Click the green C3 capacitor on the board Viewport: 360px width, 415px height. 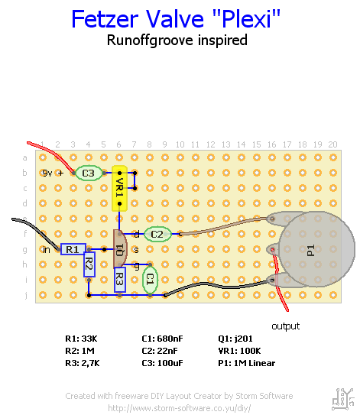tap(89, 173)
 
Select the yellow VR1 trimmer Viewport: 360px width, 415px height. tap(119, 188)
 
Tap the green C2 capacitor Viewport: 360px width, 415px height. tap(157, 234)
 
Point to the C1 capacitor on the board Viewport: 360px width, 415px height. tap(150, 279)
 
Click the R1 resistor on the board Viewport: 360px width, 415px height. tap(73, 249)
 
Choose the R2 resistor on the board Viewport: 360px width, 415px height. tap(89, 264)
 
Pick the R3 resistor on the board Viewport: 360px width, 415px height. tap(120, 280)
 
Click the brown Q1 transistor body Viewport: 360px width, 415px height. tap(120, 249)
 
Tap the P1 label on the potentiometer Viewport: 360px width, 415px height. tap(310, 251)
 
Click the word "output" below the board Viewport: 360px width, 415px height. tap(286, 326)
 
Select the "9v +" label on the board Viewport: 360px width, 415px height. tap(53, 173)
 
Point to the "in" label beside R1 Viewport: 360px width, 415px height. tap(47, 249)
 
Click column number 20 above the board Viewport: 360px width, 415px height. tap(332, 144)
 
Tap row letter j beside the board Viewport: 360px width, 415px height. tap(26, 295)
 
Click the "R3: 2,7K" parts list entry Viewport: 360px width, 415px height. tap(83, 363)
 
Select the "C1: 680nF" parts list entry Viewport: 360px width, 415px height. tap(162, 339)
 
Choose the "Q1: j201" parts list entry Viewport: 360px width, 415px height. tap(235, 339)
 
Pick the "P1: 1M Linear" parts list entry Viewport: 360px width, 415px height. tap(247, 363)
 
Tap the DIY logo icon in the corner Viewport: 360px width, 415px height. tap(343, 399)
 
